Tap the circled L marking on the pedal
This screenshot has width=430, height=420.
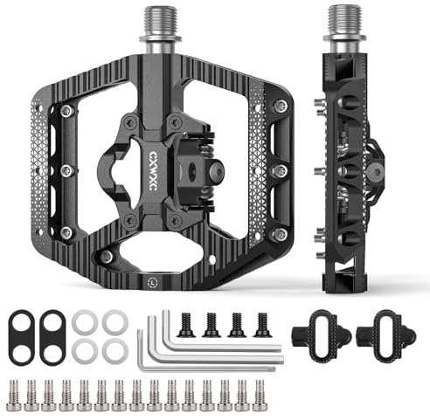point(152,282)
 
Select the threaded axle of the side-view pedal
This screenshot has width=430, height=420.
point(345,21)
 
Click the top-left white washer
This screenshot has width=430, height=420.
point(85,322)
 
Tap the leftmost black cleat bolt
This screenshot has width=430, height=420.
point(185,325)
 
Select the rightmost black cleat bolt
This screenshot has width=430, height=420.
point(262,325)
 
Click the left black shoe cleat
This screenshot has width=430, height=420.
point(322,336)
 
